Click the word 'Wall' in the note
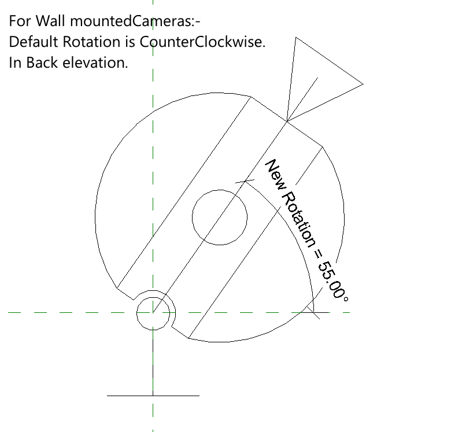click(50, 21)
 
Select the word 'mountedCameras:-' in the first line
click(135, 21)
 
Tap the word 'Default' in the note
click(34, 42)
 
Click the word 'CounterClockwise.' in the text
click(202, 42)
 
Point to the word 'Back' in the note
click(42, 62)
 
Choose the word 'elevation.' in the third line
click(95, 62)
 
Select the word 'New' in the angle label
click(276, 174)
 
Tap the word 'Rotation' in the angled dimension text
click(298, 219)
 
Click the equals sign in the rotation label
click(319, 254)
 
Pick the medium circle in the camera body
click(220, 217)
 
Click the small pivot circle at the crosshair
click(153, 313)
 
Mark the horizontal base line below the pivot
click(153, 396)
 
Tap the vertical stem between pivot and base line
click(153, 363)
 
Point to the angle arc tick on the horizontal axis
click(313, 312)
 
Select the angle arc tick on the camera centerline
click(245, 181)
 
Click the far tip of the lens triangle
click(363, 84)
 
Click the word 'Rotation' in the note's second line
click(92, 42)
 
